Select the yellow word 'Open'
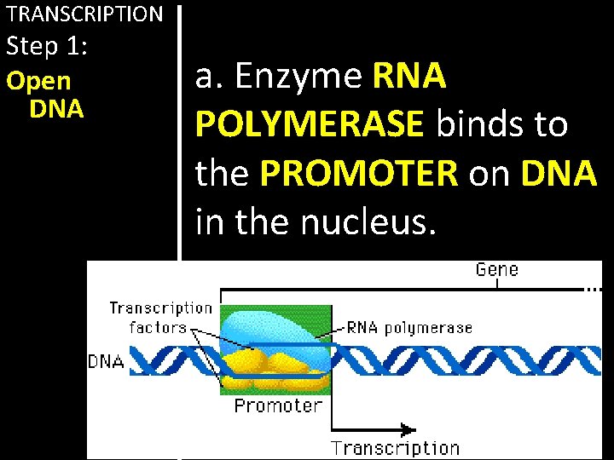click(38, 82)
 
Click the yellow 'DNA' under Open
click(56, 109)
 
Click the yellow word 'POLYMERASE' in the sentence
click(310, 125)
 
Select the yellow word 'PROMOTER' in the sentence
click(360, 174)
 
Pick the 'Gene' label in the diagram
click(497, 270)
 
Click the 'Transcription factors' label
click(160, 317)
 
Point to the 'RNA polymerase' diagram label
click(408, 327)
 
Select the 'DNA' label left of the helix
click(107, 361)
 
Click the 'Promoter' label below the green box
click(278, 406)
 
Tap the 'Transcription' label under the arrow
click(395, 448)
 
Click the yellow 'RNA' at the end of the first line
click(410, 77)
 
